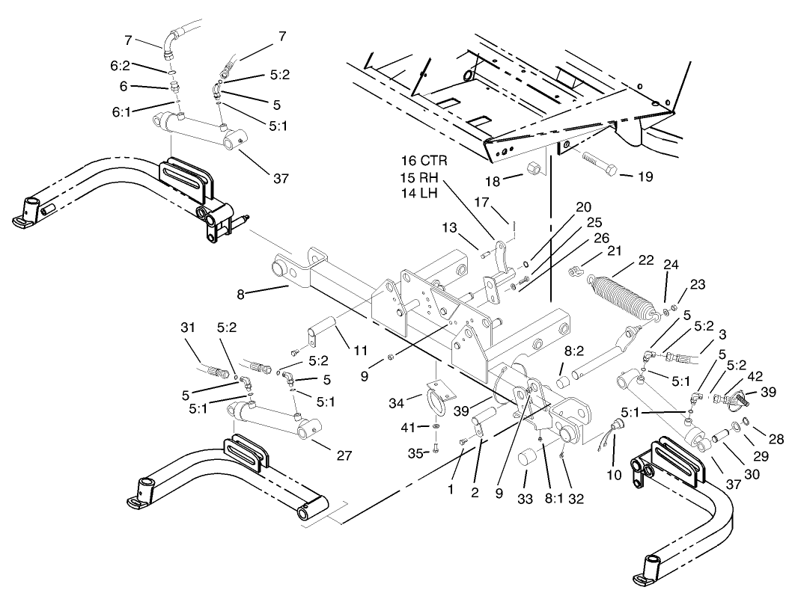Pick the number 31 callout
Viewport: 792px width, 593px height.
pyautogui.click(x=189, y=328)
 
